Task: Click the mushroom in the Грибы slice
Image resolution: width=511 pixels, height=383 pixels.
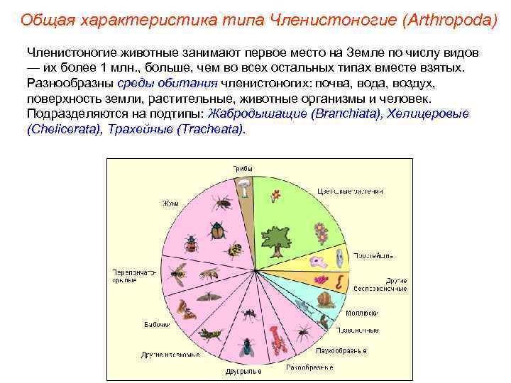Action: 243,187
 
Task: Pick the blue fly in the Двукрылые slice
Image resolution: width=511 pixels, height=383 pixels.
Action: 246,346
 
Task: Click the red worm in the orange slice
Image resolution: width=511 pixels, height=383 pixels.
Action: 340,282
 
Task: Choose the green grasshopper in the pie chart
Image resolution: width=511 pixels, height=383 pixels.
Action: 211,333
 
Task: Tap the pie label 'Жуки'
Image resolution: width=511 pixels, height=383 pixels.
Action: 170,203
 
